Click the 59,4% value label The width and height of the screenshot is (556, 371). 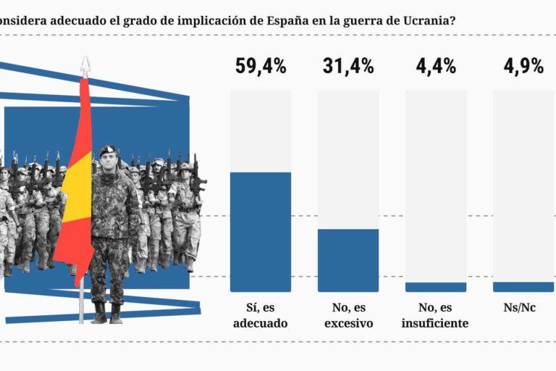[x=261, y=67]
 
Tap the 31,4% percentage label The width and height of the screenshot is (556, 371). [x=348, y=67]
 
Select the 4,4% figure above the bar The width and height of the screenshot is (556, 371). [x=436, y=67]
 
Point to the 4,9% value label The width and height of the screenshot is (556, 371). [x=523, y=67]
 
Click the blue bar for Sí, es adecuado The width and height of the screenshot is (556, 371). [x=261, y=232]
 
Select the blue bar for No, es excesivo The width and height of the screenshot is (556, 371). [x=348, y=260]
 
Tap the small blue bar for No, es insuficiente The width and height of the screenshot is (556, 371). [x=436, y=287]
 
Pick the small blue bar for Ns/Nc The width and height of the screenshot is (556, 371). [x=523, y=287]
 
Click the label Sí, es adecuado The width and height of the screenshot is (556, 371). [x=261, y=315]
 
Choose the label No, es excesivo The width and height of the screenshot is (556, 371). [x=348, y=315]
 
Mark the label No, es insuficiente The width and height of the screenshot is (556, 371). [x=435, y=315]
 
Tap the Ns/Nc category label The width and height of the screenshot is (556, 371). [x=523, y=308]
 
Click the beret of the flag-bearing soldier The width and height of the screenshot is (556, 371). [x=108, y=149]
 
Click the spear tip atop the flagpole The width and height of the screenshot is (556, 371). [x=85, y=64]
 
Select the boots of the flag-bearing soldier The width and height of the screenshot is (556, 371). [x=107, y=313]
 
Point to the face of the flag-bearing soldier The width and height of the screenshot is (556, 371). [x=109, y=160]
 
